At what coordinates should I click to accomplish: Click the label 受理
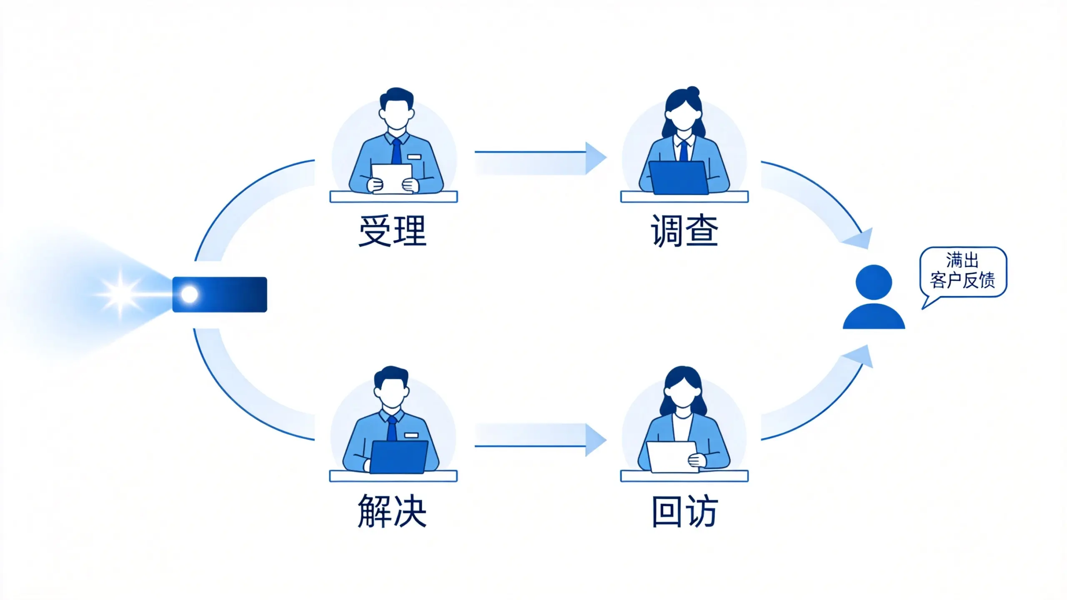[x=393, y=231]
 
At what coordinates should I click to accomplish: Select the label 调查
[x=684, y=231]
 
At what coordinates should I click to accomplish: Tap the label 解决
[x=392, y=511]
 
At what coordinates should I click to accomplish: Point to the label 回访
[x=684, y=511]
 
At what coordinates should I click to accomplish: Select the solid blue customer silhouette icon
[x=874, y=297]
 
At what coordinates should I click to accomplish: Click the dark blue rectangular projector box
[x=220, y=295]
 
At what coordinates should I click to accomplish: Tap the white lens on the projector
[x=189, y=295]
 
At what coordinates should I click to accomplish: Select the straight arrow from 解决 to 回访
[x=540, y=440]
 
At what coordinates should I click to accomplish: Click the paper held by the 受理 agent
[x=392, y=179]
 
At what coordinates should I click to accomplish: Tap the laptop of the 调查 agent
[x=679, y=178]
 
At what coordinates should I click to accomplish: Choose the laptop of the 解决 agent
[x=399, y=457]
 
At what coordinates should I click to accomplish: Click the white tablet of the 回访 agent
[x=672, y=457]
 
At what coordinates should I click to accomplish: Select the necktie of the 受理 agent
[x=396, y=151]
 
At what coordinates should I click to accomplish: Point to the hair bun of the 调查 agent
[x=693, y=92]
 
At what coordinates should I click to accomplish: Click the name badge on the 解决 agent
[x=411, y=435]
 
